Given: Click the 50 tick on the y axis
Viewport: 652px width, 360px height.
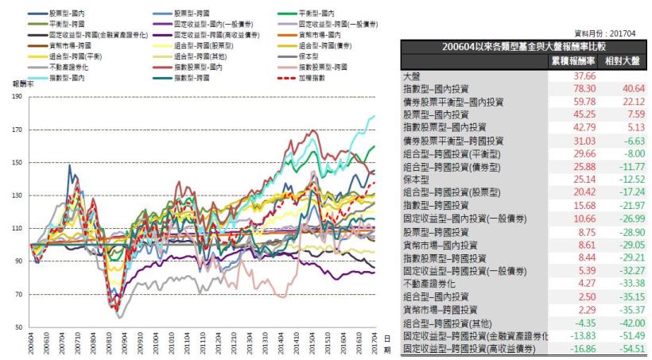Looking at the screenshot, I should pyautogui.click(x=17, y=327).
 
